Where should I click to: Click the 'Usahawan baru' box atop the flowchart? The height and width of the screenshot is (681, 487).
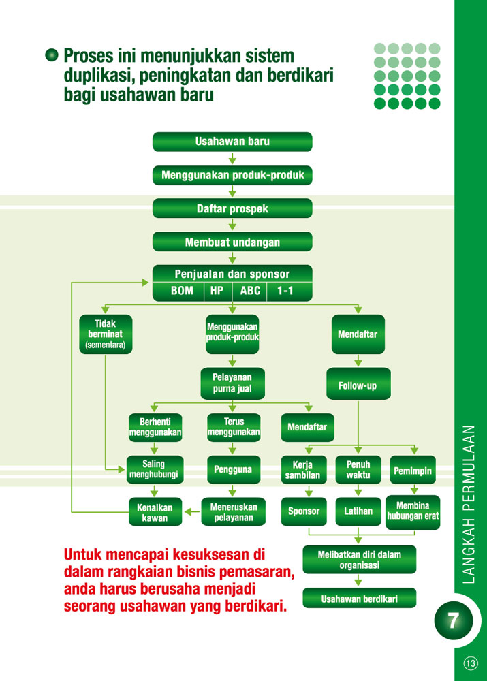point(232,142)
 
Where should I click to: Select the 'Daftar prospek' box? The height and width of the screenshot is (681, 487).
point(232,209)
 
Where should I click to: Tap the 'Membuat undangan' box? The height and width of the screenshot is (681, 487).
point(232,242)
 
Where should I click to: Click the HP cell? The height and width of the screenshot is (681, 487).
point(217,291)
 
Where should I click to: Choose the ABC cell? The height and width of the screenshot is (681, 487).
point(250,291)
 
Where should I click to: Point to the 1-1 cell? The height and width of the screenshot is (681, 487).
point(287,291)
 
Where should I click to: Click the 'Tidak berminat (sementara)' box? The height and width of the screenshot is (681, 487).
point(106,334)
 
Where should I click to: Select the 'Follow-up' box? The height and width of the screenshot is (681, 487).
point(358,385)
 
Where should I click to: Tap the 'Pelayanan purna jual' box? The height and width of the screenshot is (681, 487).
point(232,383)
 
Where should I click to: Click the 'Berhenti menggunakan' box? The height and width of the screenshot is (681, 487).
point(155,427)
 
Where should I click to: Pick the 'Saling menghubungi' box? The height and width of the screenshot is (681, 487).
point(154,469)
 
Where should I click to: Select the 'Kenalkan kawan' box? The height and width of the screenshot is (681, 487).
point(155,512)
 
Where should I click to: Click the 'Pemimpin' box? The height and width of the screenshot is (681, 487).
point(413,470)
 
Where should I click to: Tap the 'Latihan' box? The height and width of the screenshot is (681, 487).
point(358,511)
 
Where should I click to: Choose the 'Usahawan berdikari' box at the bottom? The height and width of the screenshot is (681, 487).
point(359,599)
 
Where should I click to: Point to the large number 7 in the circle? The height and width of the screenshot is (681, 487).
point(453,620)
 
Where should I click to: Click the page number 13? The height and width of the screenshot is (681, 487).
point(471,663)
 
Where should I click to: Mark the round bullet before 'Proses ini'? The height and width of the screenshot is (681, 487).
point(51,55)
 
